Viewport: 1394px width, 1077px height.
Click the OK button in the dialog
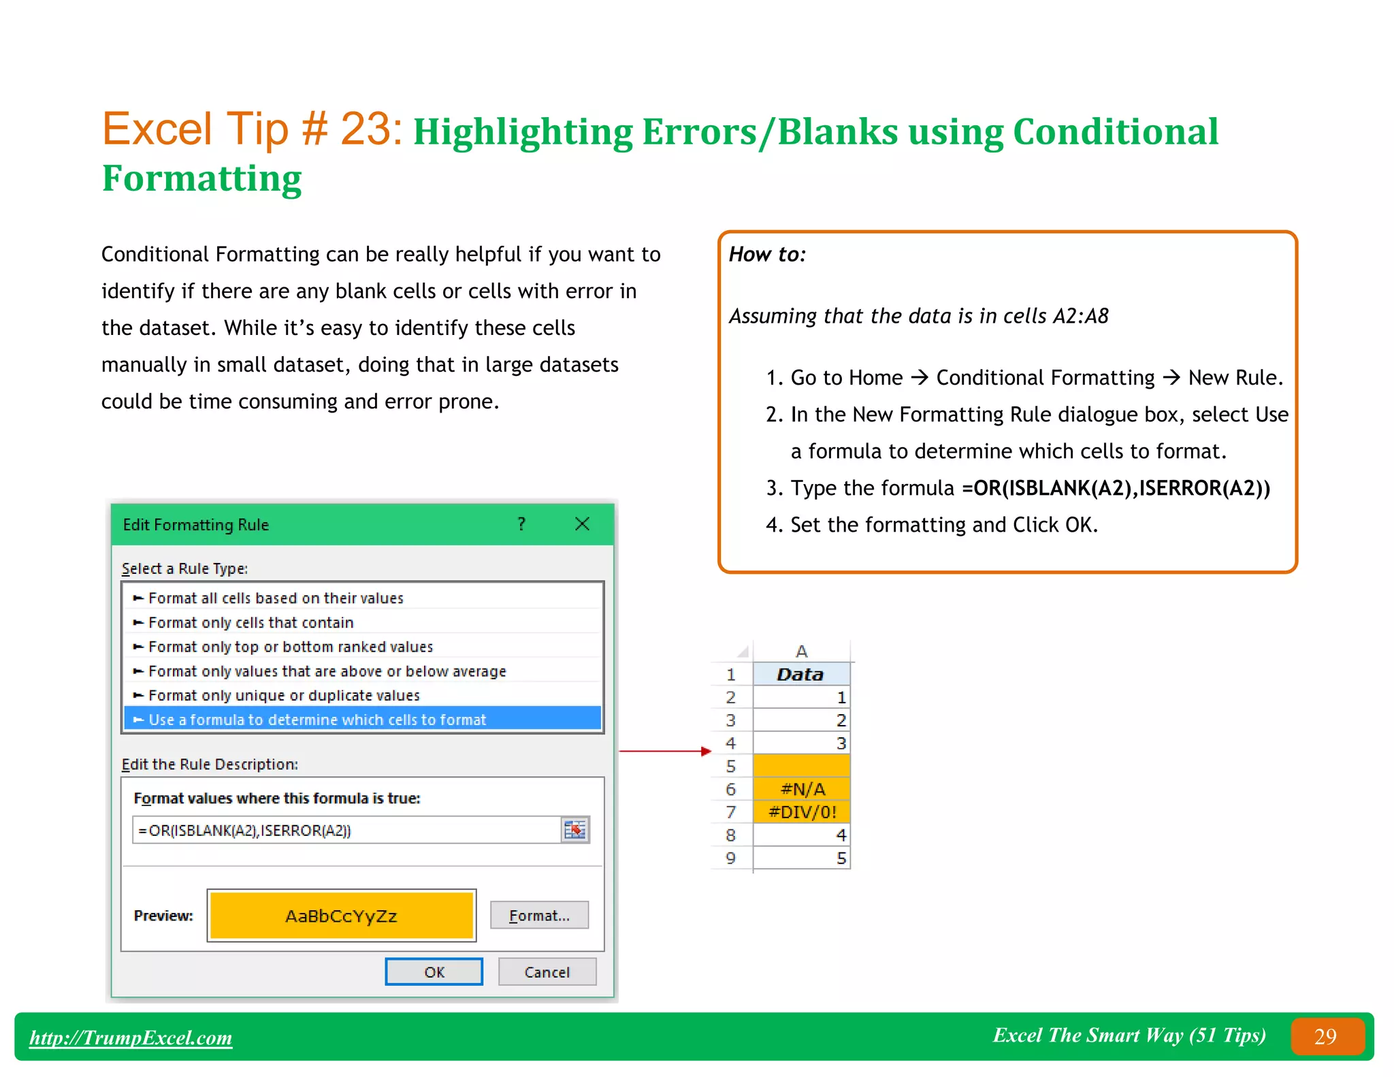[x=434, y=971]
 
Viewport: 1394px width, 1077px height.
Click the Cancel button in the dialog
[x=547, y=971]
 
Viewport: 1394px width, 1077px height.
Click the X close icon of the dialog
[x=582, y=524]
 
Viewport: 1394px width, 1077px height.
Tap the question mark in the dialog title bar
[x=521, y=524]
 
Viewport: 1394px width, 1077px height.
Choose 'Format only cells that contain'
[x=250, y=622]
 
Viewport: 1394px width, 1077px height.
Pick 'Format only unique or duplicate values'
[x=283, y=695]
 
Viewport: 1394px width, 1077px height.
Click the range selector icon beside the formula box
[x=575, y=830]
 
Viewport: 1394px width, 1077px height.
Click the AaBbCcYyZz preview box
[x=341, y=916]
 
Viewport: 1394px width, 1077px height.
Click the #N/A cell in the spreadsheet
[x=802, y=789]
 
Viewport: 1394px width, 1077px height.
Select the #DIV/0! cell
[x=802, y=811]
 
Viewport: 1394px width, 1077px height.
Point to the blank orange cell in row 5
[x=802, y=766]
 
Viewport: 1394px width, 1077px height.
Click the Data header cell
[x=801, y=674]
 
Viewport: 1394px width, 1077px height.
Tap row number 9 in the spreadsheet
[x=730, y=858]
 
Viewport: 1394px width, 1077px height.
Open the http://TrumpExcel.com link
[x=131, y=1037]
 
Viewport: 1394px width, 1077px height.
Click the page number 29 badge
[x=1325, y=1036]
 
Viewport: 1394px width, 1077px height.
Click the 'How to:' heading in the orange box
[x=767, y=254]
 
